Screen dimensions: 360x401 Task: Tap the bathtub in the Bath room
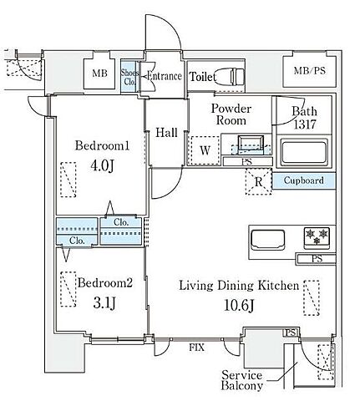point(304,153)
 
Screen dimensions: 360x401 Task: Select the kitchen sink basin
point(267,240)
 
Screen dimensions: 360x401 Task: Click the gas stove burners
point(317,237)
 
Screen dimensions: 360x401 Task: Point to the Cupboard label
point(304,180)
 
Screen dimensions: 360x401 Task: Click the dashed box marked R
point(259,181)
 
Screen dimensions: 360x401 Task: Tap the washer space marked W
point(205,150)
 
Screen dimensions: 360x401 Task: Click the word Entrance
point(165,76)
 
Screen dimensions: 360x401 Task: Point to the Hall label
point(166,133)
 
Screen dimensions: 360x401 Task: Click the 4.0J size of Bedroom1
point(102,165)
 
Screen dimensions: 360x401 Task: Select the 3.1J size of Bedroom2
point(104,302)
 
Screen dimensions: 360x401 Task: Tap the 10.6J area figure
point(239,306)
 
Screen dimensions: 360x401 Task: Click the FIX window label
point(196,348)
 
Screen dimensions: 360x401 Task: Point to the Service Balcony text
point(242,381)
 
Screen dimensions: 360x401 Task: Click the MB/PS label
point(310,70)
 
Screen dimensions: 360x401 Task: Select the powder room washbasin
point(251,144)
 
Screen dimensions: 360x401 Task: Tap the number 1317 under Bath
point(305,124)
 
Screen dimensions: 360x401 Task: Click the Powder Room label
point(231,114)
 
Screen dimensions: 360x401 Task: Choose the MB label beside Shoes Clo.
point(99,74)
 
